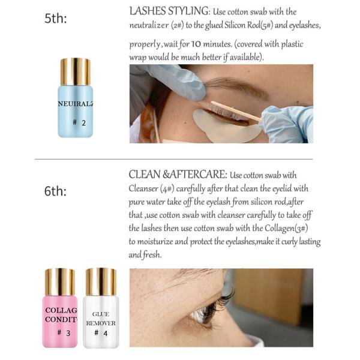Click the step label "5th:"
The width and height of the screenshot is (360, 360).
point(56,19)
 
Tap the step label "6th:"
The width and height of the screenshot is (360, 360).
point(56,191)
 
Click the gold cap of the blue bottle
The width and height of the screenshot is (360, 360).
point(76,71)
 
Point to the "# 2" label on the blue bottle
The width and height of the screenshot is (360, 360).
point(79,122)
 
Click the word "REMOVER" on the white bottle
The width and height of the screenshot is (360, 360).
point(100,323)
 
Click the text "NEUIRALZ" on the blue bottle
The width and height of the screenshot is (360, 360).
point(76,103)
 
